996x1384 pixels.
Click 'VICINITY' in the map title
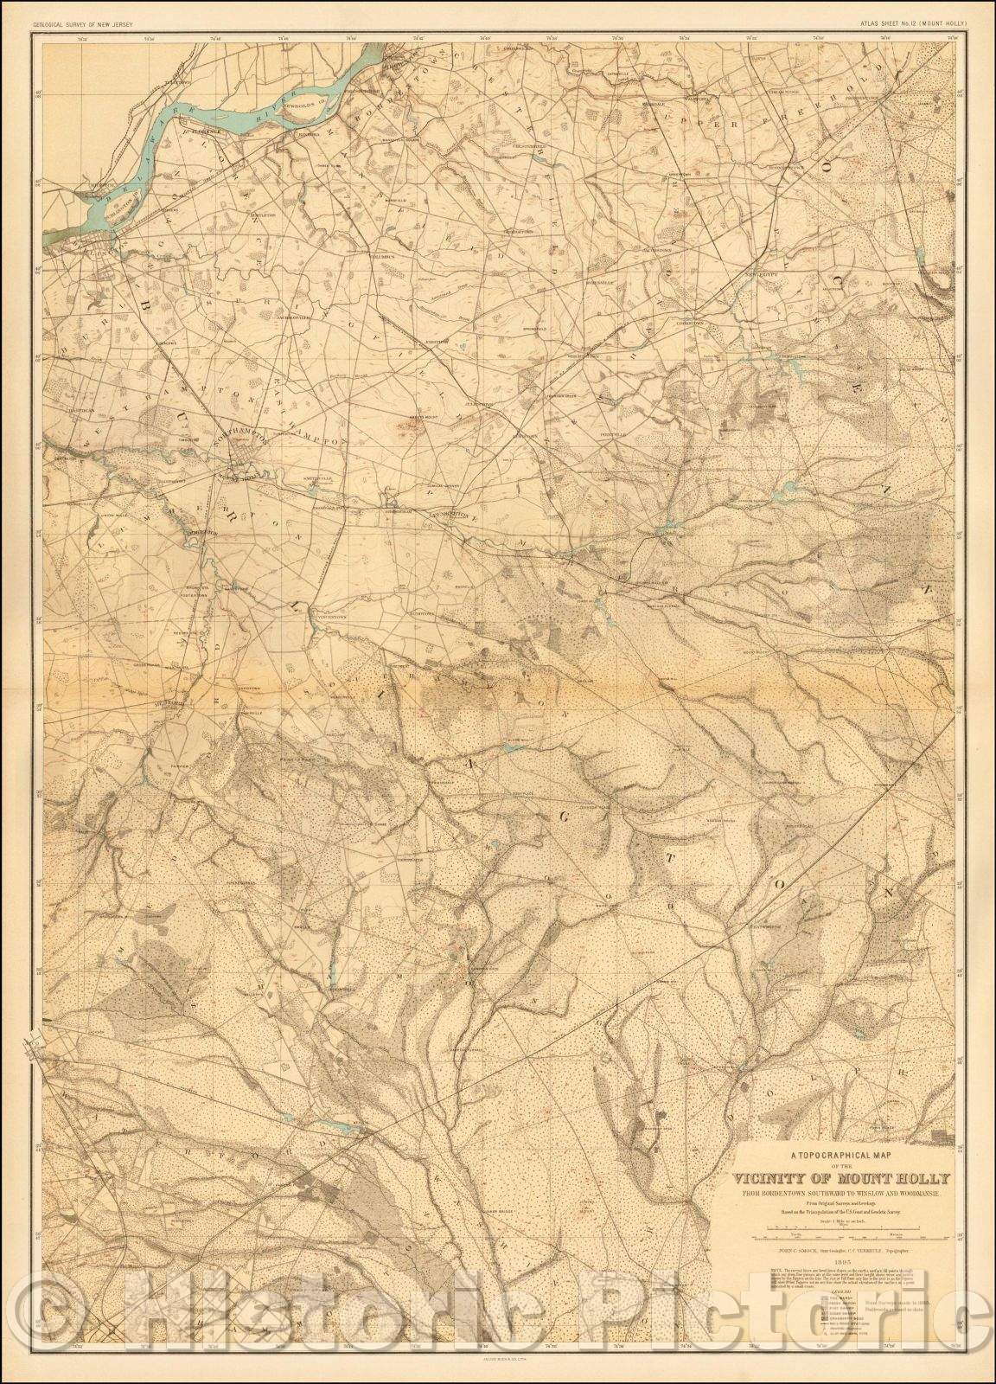[778, 1178]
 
